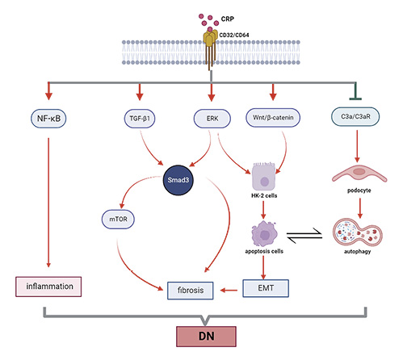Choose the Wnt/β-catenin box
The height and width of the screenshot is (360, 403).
pyautogui.click(x=275, y=119)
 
